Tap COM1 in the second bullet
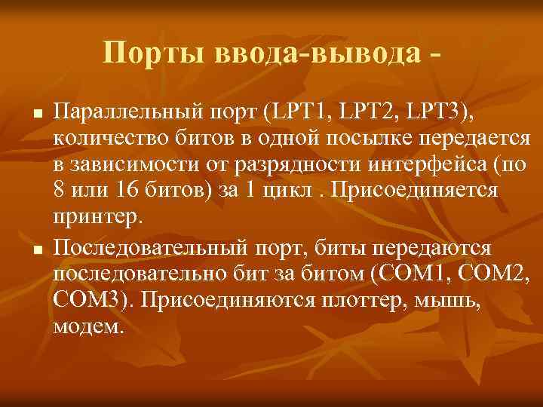(x=411, y=274)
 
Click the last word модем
(x=87, y=327)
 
